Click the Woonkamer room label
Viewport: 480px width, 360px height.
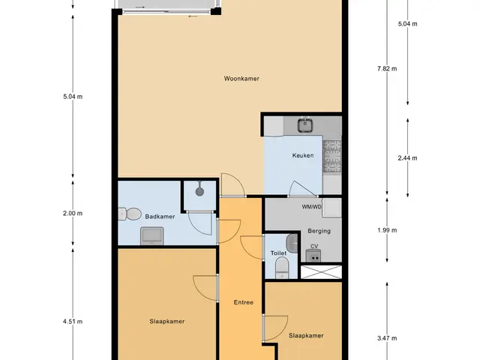(241, 79)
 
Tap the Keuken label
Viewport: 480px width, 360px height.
(303, 155)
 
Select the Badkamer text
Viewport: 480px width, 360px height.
(160, 217)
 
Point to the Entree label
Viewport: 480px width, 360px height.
(243, 302)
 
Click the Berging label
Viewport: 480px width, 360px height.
(319, 231)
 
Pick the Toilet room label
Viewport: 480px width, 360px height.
(278, 253)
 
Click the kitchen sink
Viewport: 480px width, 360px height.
(305, 125)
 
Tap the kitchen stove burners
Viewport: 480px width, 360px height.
(331, 156)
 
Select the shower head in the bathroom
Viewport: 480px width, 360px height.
(199, 190)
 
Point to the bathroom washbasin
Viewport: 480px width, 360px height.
(151, 235)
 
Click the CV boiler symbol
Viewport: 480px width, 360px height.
(313, 256)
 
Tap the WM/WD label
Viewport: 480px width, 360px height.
(312, 207)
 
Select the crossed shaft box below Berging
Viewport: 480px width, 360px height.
(321, 271)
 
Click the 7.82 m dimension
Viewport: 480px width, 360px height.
(387, 68)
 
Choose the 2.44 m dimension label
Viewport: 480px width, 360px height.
(407, 158)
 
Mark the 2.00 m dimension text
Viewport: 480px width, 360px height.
(73, 213)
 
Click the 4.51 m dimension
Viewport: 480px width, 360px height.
(73, 322)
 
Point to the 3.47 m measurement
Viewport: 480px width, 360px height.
(387, 338)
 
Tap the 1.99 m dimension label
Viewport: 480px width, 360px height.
(387, 230)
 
